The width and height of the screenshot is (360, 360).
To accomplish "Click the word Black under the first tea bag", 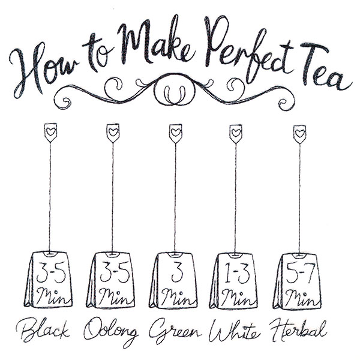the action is click(x=43, y=331).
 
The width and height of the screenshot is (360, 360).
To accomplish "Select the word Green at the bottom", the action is click(x=175, y=331).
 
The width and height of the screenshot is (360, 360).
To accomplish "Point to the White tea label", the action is click(x=235, y=331).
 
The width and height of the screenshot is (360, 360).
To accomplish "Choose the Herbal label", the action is click(x=298, y=329).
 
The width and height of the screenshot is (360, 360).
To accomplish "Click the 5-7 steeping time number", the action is click(x=299, y=274).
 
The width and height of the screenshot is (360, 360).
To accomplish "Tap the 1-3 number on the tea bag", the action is click(x=237, y=273).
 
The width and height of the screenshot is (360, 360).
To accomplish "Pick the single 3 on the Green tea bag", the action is click(x=177, y=272).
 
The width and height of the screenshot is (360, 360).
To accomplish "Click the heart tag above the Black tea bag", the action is click(x=50, y=133).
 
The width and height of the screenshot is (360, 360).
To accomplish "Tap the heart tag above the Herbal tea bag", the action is click(x=299, y=134).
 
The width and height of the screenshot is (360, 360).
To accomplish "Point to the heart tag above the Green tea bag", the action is click(x=176, y=133).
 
